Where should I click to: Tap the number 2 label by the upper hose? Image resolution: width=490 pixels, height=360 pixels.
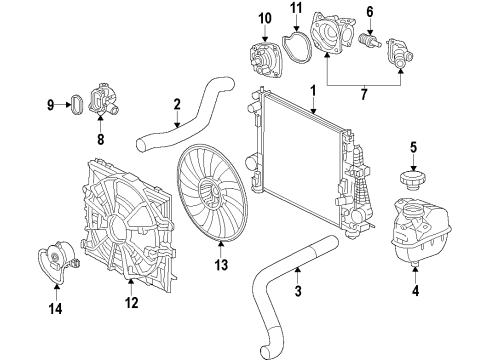176,103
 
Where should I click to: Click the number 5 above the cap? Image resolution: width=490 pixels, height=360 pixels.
412,148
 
